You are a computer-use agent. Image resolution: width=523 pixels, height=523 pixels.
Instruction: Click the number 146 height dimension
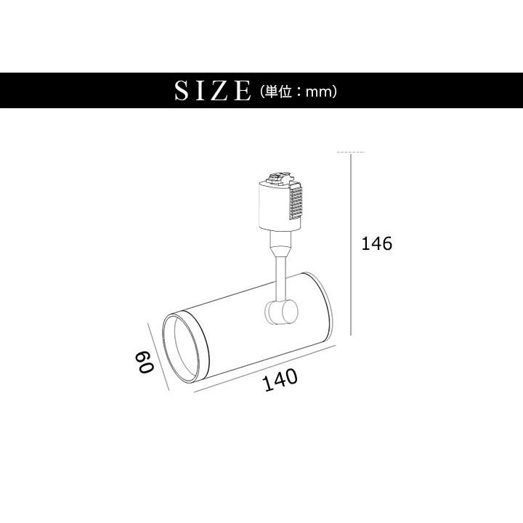click(x=377, y=243)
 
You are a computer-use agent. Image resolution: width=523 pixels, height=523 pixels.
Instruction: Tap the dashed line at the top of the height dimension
click(x=351, y=153)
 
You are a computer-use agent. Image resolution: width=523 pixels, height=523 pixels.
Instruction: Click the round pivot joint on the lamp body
click(x=280, y=313)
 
